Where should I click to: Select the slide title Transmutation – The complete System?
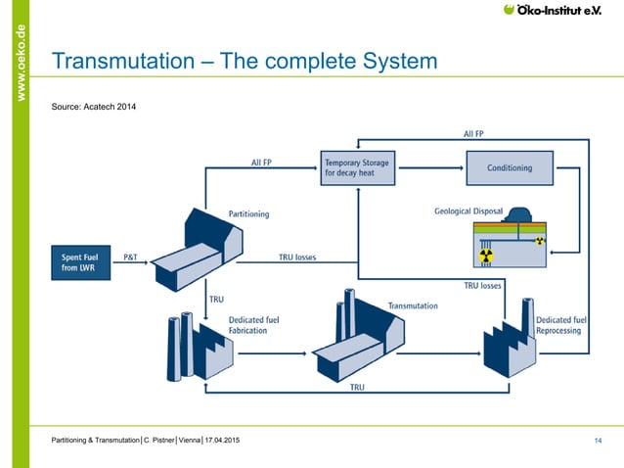click(x=244, y=63)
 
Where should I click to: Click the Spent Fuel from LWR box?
click(x=81, y=263)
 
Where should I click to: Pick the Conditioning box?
click(x=510, y=167)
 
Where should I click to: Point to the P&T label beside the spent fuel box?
click(x=130, y=257)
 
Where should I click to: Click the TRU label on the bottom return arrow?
click(x=357, y=388)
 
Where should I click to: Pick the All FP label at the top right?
click(x=472, y=133)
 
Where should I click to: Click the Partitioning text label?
click(x=248, y=213)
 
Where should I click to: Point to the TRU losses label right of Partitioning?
click(x=298, y=257)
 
